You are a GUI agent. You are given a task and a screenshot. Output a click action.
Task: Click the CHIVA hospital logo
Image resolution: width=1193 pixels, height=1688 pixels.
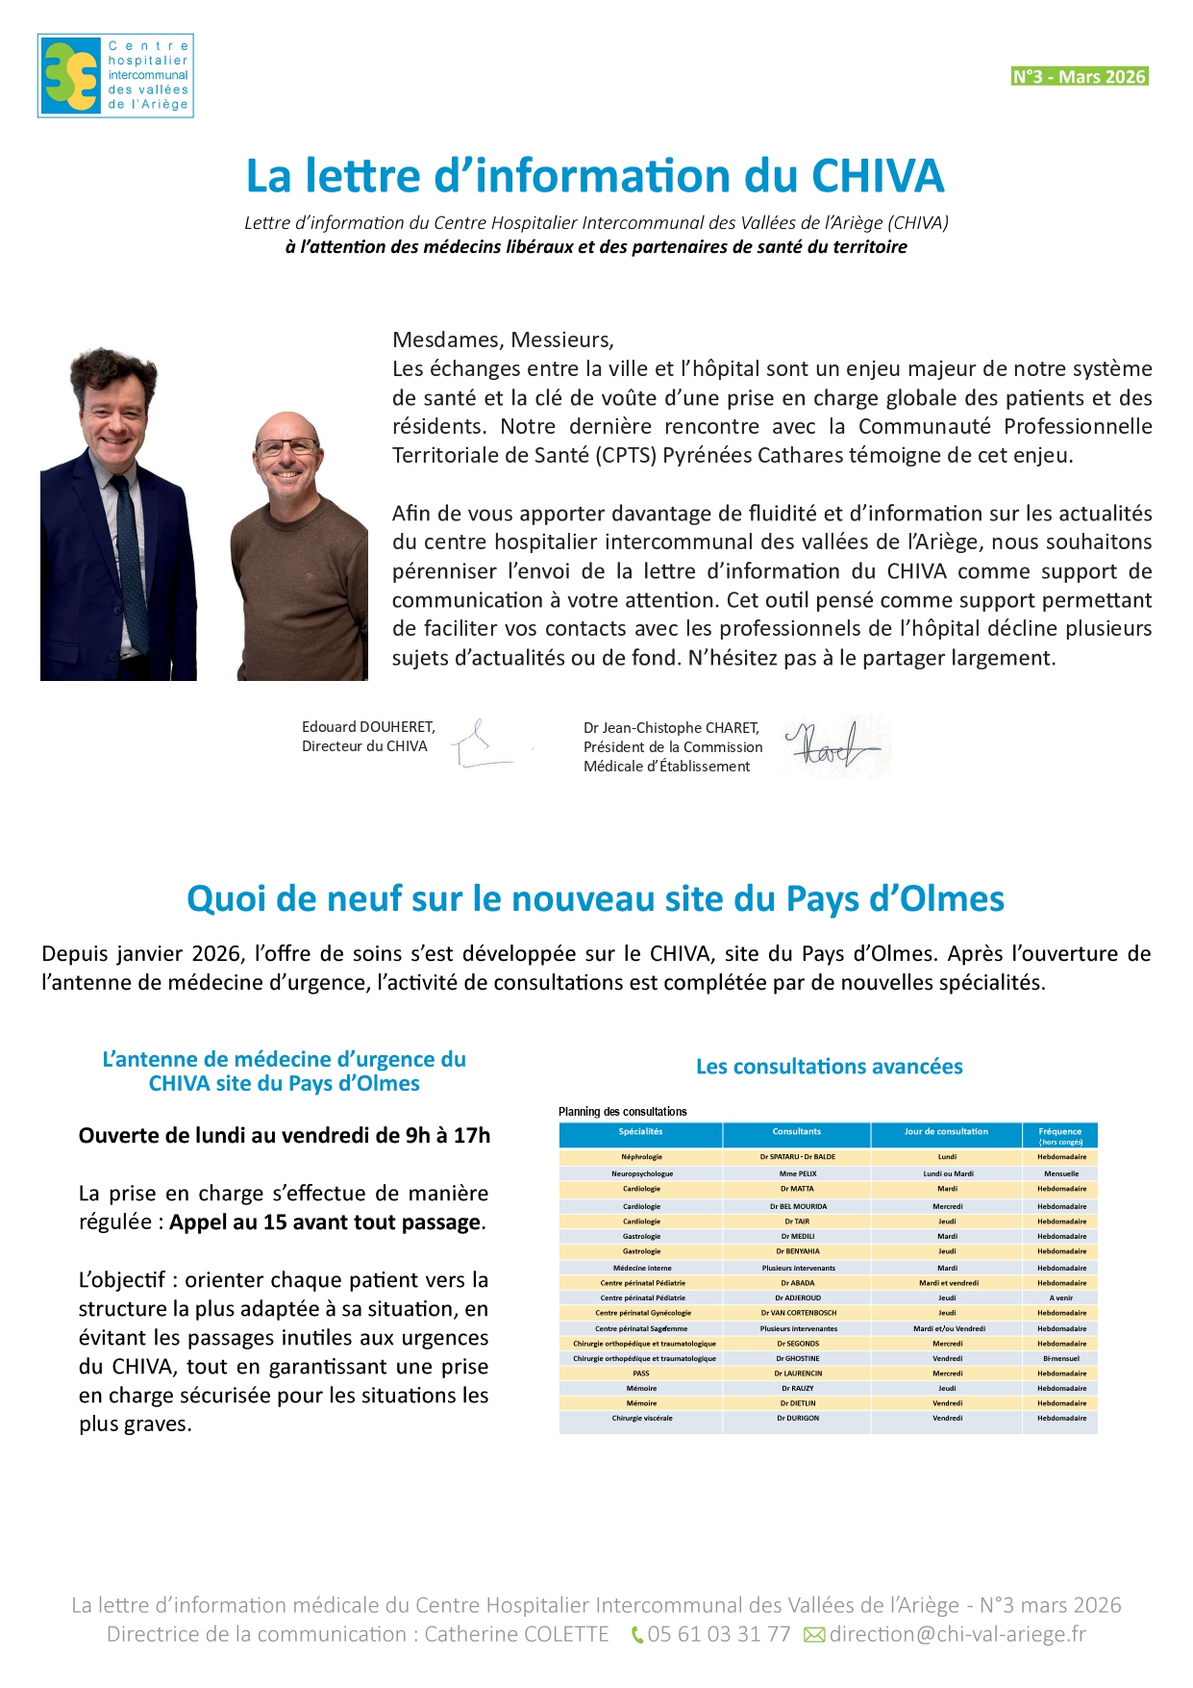coord(115,76)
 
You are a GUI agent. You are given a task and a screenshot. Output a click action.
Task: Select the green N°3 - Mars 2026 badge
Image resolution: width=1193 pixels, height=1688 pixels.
coord(1080,77)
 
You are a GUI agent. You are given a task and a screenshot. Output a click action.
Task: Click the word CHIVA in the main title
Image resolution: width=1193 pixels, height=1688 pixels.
coord(878,176)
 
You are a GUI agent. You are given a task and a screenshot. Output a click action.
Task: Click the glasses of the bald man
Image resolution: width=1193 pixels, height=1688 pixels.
coord(286,447)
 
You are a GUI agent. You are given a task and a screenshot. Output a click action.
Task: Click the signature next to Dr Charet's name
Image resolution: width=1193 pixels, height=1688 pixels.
coord(832,746)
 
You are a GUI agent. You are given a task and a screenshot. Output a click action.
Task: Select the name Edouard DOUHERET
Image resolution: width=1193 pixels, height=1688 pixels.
coord(368,727)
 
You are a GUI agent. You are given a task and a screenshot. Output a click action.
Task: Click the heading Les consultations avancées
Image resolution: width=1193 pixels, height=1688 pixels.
coord(829,1066)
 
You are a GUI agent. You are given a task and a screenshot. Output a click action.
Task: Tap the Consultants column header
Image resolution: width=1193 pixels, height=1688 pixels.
coord(797,1132)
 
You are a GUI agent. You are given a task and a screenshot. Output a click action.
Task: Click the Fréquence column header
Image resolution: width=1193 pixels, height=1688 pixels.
coord(1060,1134)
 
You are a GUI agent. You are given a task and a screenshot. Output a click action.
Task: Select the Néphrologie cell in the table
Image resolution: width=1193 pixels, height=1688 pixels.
coord(641,1157)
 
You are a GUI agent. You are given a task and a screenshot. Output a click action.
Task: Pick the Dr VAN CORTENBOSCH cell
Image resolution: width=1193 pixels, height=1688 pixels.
coord(798,1313)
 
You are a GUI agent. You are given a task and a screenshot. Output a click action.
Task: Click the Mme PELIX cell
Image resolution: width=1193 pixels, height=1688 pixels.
coord(798,1173)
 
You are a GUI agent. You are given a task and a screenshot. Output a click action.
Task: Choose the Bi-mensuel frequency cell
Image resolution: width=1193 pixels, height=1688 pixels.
coord(1061,1358)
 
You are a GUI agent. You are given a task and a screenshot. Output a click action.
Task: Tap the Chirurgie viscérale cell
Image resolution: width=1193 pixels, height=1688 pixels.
coord(641,1418)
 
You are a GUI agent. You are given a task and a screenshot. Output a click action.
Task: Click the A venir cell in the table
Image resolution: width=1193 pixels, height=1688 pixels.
coord(1061,1297)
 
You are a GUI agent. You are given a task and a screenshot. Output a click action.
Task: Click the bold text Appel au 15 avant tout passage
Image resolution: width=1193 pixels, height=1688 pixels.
coord(325,1222)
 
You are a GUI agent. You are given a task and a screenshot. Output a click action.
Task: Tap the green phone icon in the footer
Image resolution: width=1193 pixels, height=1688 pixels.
coord(636,1634)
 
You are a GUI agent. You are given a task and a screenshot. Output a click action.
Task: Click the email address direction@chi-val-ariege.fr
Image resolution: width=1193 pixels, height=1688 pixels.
coord(957,1634)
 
